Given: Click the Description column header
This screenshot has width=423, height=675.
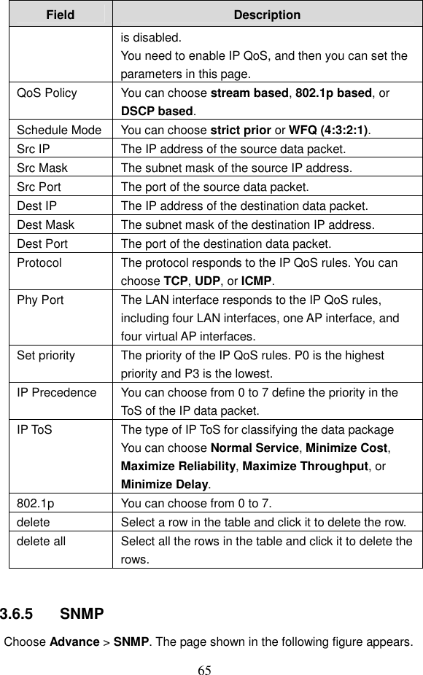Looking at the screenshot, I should coord(267,15).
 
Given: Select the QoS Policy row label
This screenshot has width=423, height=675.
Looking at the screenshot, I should coord(47,93).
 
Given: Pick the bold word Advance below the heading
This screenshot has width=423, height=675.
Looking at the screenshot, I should coord(74,642).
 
